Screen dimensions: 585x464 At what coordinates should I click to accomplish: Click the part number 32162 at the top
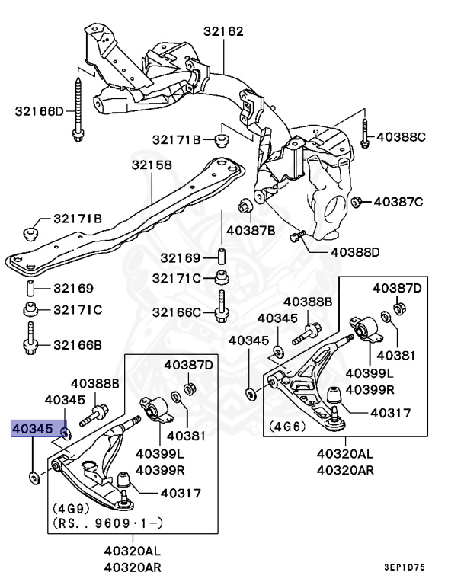(223, 32)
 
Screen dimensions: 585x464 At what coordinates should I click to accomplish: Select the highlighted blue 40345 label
(32, 430)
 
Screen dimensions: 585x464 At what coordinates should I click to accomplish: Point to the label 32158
(151, 165)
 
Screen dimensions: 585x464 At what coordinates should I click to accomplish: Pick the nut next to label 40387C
(356, 201)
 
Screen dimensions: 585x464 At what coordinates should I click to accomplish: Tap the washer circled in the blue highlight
(66, 434)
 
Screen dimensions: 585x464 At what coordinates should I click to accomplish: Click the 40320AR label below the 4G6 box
(345, 470)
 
